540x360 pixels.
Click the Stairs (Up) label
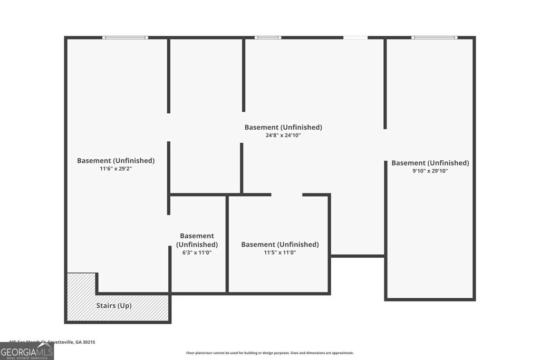point(114,306)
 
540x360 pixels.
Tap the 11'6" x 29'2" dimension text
point(116,169)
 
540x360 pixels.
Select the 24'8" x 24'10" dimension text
point(283,135)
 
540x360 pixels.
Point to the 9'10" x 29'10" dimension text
point(430,171)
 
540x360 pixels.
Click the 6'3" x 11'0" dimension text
point(197,253)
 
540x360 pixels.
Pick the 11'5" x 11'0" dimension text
point(280,253)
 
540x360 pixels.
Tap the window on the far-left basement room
point(125,37)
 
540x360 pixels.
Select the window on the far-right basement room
point(435,37)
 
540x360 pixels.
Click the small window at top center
point(268,37)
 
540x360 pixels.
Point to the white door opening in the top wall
point(355,37)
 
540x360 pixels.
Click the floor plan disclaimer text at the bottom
point(270,353)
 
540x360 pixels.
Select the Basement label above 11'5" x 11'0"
point(280,245)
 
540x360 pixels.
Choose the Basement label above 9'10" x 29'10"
point(430,163)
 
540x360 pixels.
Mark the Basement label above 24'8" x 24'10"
point(283,127)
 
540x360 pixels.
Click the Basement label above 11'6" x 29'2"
point(116,161)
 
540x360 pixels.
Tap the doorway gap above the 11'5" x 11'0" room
point(287,195)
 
